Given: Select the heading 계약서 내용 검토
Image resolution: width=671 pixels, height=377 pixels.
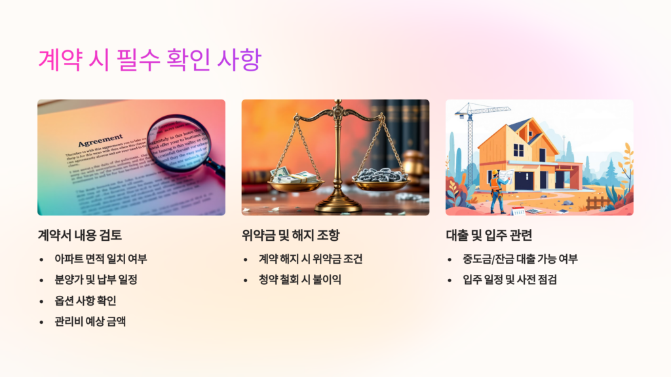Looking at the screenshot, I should (79, 235).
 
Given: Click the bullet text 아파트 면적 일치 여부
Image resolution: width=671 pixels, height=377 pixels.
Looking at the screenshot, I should (101, 259).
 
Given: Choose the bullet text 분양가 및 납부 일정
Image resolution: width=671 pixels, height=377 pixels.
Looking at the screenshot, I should (96, 279).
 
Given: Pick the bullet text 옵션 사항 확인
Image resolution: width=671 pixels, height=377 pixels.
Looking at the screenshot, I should (85, 300).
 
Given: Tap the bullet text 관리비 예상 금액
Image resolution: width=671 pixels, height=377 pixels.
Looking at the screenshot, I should (90, 321).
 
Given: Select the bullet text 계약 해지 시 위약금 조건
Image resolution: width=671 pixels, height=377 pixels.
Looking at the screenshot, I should (311, 259).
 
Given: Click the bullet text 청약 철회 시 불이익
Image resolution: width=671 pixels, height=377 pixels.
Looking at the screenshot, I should (300, 279).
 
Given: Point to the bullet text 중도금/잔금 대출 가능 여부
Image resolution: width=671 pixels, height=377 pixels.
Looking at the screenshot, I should (520, 259).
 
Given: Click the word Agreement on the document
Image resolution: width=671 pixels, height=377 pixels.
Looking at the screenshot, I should (100, 141).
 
